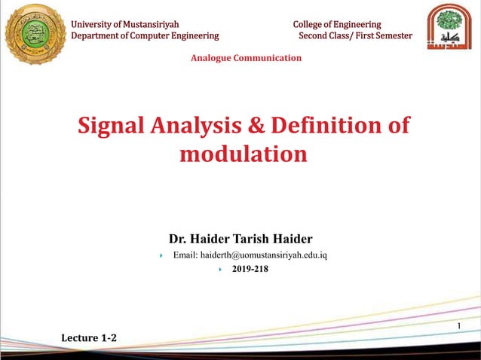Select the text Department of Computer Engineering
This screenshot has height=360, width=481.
(x=145, y=35)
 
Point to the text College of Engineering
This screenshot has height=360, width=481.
(x=337, y=24)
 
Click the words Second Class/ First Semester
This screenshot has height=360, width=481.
(x=355, y=35)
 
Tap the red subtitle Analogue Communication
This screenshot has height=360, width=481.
(x=246, y=58)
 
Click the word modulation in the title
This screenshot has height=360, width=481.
(x=244, y=154)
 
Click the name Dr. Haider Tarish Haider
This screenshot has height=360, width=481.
(x=240, y=239)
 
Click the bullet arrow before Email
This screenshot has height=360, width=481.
(x=162, y=256)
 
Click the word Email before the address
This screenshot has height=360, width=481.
(x=184, y=255)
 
